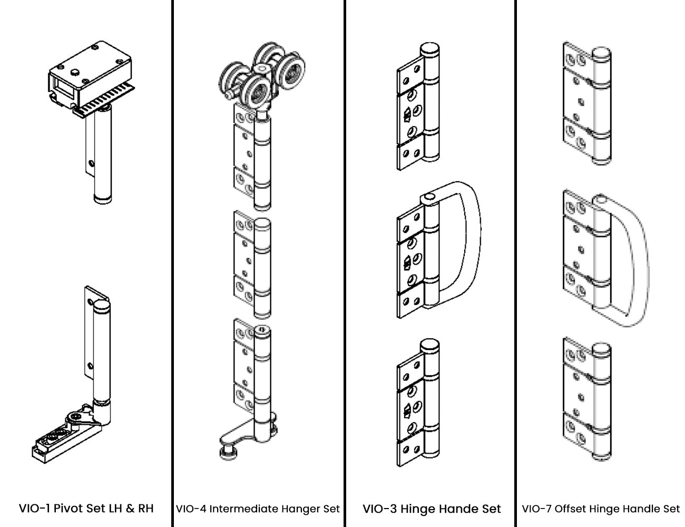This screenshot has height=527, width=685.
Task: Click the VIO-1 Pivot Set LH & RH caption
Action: [x=86, y=509]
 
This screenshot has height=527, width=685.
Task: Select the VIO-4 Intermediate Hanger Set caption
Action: [x=258, y=509]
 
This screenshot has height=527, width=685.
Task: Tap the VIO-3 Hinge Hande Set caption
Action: [x=432, y=509]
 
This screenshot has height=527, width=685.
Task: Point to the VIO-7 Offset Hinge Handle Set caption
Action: [x=601, y=509]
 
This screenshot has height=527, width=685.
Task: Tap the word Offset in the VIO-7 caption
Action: [x=571, y=509]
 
